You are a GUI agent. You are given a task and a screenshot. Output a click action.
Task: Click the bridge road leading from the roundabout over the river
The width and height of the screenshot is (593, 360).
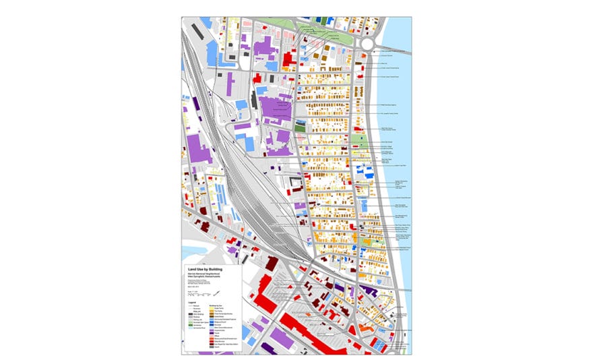click(394, 49)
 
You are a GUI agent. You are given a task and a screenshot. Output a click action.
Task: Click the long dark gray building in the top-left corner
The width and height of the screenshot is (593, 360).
click(197, 31)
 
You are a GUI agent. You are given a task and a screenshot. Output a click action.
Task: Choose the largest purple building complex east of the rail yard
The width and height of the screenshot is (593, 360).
click(276, 108)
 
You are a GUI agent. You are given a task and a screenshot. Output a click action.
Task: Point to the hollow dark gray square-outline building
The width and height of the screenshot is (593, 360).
click(295, 183)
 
